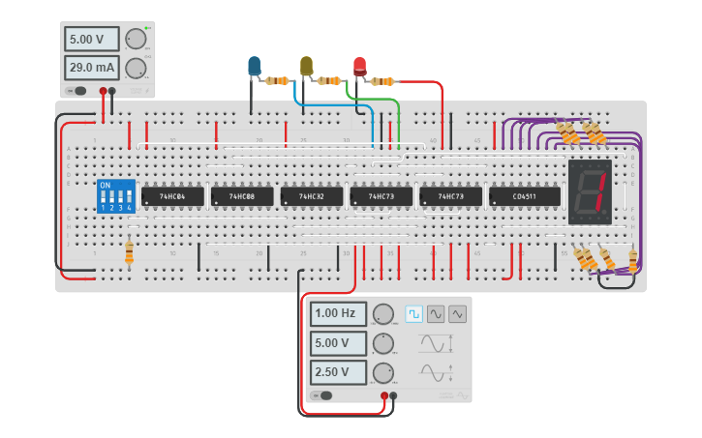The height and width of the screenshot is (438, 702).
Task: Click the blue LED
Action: coord(254,66)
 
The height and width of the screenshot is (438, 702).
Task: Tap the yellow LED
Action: coord(307,66)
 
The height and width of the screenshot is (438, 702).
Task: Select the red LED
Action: coord(360,66)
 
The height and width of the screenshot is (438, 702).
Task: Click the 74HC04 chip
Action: coord(172,196)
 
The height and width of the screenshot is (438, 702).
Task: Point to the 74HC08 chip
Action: coord(242,196)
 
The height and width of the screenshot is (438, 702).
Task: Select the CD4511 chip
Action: coord(525,196)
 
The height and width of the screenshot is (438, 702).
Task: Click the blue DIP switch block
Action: coord(115,196)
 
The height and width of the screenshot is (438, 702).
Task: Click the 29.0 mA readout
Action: coord(92,68)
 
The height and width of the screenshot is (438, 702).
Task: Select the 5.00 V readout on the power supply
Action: coord(92,39)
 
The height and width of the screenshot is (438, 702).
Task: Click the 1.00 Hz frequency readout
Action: coord(338,313)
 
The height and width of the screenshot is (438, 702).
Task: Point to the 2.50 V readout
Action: coord(338,372)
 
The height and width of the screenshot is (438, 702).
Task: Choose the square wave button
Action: coord(413,313)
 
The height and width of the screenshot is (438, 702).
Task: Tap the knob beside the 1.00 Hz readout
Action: coord(383,313)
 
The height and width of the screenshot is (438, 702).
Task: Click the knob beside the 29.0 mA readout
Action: coord(136,68)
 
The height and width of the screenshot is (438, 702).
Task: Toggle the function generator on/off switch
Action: coord(324,395)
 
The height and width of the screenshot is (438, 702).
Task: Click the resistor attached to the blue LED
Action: coord(278,81)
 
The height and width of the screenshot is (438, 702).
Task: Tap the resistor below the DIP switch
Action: coord(130,252)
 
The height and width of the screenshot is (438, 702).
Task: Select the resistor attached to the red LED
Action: coord(383,81)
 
